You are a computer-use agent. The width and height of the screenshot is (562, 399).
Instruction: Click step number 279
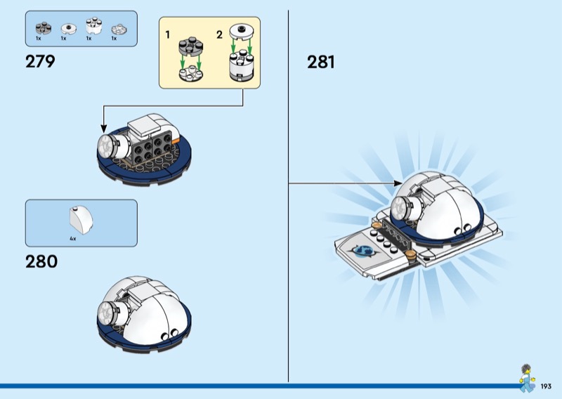(x=40, y=61)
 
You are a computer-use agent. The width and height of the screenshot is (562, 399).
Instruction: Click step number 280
(x=41, y=261)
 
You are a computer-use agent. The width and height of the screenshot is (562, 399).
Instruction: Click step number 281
(x=321, y=62)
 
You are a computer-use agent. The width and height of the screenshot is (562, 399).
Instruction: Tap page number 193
(x=546, y=386)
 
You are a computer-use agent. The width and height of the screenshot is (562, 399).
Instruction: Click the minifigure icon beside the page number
(x=526, y=378)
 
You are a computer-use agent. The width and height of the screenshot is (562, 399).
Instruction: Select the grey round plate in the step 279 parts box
(x=44, y=28)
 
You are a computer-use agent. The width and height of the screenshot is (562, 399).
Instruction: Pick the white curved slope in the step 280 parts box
(x=81, y=221)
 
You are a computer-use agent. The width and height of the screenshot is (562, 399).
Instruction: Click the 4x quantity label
(x=73, y=238)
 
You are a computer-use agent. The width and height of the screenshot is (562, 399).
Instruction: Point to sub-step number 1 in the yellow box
(x=167, y=35)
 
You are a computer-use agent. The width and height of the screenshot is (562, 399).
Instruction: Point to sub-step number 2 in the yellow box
(x=219, y=35)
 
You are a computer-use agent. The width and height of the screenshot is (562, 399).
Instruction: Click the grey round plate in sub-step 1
(x=190, y=46)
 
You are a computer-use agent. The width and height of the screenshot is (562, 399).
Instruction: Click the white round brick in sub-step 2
(x=241, y=65)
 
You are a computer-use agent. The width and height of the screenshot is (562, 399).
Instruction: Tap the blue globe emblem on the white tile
(x=364, y=251)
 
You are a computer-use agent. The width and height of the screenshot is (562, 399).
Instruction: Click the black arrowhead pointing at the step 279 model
(x=104, y=129)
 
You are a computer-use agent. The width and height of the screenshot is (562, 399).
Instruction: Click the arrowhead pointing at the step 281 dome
(x=398, y=183)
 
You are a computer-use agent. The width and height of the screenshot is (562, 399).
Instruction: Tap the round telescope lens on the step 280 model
(x=106, y=311)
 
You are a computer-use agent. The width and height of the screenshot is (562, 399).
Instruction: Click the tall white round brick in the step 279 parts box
(x=94, y=26)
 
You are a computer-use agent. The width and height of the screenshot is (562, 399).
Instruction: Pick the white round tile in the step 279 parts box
(x=69, y=29)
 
